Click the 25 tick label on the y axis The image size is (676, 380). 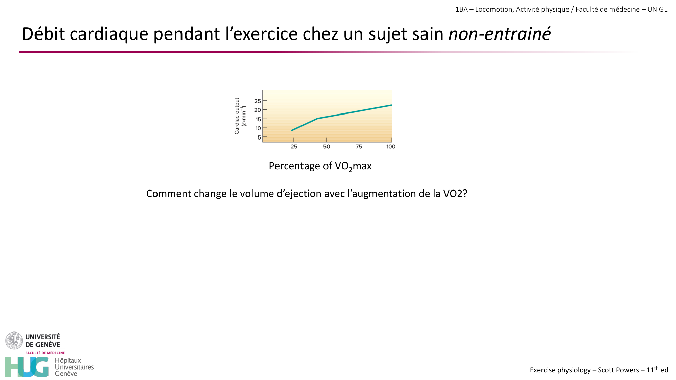(258, 101)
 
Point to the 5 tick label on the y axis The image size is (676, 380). (259, 137)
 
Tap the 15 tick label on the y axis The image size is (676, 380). (258, 119)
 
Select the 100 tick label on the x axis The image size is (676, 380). (391, 147)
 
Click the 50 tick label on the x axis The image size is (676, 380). (327, 147)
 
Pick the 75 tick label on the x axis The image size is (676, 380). (359, 147)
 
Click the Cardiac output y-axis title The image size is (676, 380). (237, 116)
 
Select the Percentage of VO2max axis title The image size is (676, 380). (320, 166)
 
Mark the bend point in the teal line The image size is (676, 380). (317, 119)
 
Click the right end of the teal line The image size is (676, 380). (391, 105)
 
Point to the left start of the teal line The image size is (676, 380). (292, 130)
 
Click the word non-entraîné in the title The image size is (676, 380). (500, 34)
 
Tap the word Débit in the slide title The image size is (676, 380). (43, 34)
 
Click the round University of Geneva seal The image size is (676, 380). (14, 340)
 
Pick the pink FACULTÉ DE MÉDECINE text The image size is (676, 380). (45, 353)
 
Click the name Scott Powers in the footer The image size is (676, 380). (618, 370)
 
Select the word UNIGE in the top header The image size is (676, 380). (657, 9)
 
